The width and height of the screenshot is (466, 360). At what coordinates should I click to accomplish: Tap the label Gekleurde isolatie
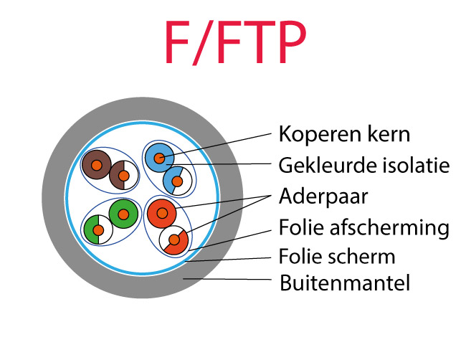coord(363,166)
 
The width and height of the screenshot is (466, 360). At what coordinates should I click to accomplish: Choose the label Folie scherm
coord(336,256)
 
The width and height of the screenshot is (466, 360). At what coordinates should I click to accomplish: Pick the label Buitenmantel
coord(345,283)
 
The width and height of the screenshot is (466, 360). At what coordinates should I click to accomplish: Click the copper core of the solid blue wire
coord(159,158)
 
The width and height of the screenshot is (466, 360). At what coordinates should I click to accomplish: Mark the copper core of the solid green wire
coord(123,214)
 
